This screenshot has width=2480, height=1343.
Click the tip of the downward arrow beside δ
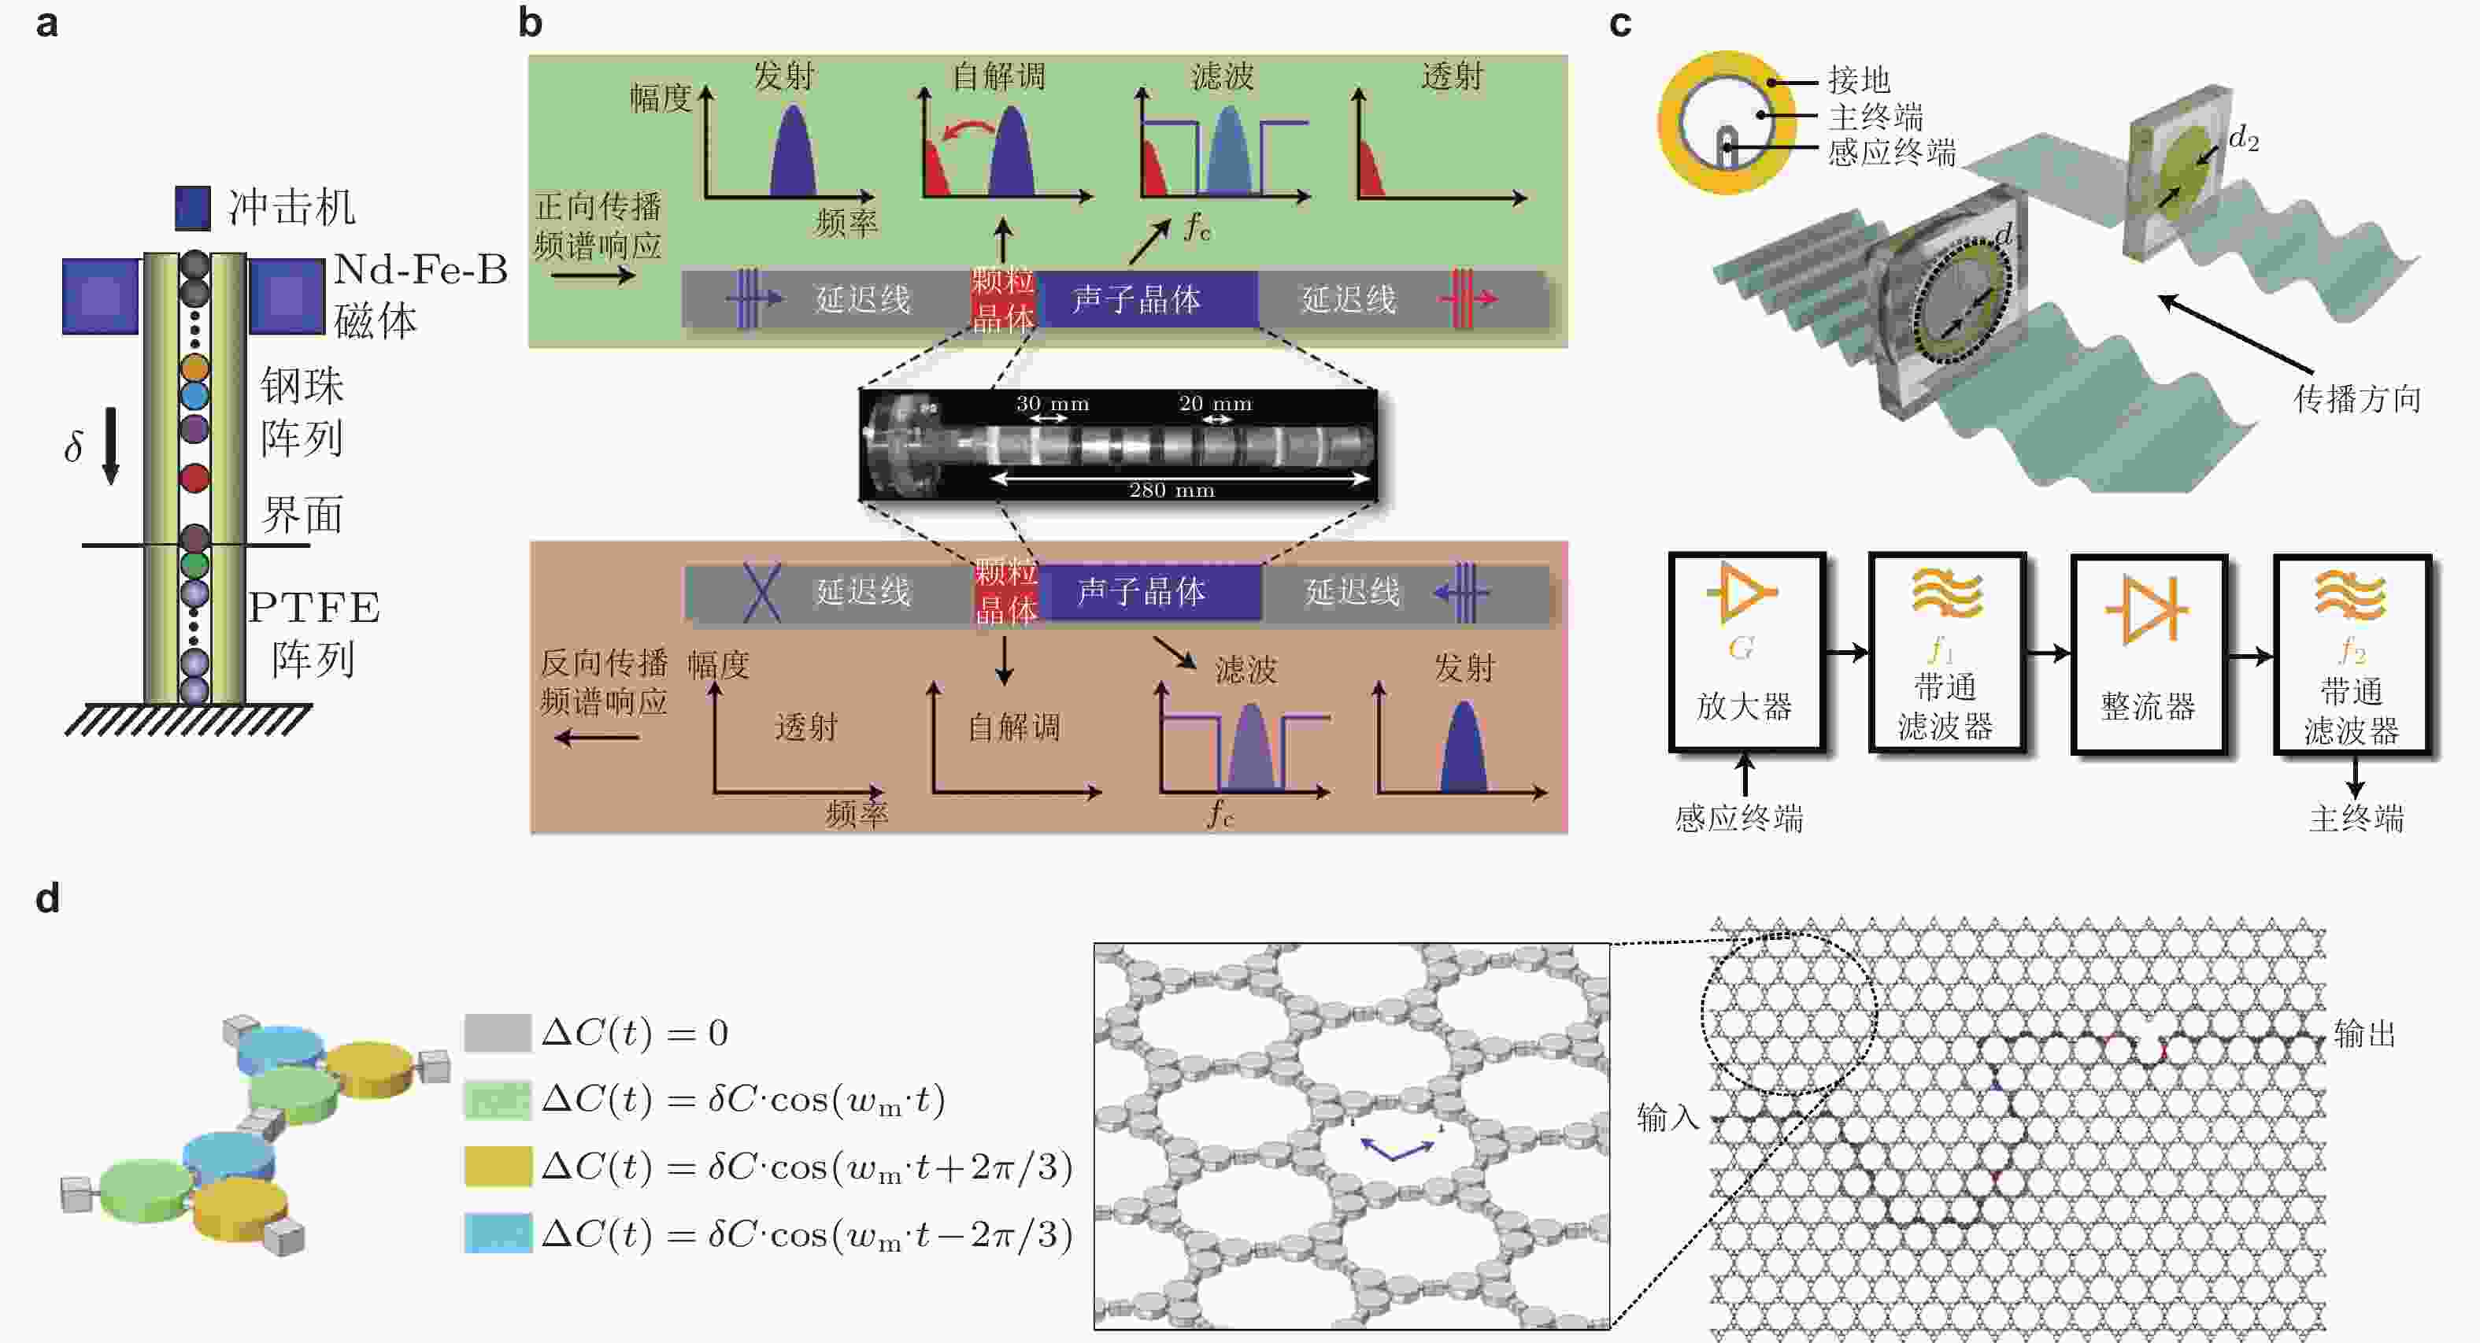point(111,483)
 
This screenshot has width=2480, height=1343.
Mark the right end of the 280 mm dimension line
point(1370,479)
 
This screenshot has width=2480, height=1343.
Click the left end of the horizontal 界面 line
point(83,546)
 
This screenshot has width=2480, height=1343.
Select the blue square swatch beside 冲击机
point(193,208)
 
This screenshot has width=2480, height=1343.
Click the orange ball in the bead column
point(194,367)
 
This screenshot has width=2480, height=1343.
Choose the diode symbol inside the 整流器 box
point(2147,609)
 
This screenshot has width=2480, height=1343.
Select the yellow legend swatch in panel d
point(498,1166)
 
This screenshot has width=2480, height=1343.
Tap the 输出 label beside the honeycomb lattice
point(2364,1034)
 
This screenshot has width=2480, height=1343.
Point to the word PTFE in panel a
point(314,609)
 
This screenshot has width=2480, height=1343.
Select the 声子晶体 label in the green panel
point(1136,299)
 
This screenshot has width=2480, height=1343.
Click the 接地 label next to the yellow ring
point(1859,79)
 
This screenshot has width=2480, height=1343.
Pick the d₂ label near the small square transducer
point(2243,139)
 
